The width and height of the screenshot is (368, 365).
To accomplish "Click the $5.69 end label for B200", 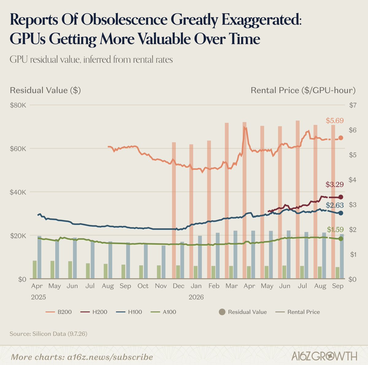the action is click(x=335, y=121).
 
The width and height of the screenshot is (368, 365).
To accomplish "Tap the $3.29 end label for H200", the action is click(x=335, y=184).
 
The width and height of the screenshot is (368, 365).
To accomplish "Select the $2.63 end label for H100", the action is click(x=335, y=205).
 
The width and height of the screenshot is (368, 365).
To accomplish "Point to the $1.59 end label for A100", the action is click(x=335, y=229).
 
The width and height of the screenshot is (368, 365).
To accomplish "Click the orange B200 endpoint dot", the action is click(x=341, y=138).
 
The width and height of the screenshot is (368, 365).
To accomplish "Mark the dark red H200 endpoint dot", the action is click(x=341, y=197).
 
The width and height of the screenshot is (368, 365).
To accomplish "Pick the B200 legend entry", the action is click(x=59, y=312).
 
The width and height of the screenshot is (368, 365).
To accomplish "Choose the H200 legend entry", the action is click(x=94, y=312).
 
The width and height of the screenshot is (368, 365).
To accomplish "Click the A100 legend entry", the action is click(x=163, y=312).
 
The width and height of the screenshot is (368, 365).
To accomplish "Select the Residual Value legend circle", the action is click(x=222, y=312).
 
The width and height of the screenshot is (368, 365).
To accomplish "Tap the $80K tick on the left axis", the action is click(x=18, y=105).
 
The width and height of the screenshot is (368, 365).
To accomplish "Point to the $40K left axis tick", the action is click(x=18, y=192).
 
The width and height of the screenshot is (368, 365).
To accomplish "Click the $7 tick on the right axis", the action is click(x=353, y=105).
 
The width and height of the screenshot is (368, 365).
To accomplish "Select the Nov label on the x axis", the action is click(x=161, y=286).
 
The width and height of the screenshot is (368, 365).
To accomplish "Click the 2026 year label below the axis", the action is click(x=196, y=297).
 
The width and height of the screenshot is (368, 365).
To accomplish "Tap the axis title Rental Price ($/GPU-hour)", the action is click(x=303, y=90).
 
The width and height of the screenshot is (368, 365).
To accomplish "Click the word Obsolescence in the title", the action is click(x=124, y=20).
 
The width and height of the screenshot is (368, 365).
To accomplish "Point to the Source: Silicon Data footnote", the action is click(x=48, y=334).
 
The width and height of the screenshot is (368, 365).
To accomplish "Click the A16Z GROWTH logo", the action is click(x=324, y=356).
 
